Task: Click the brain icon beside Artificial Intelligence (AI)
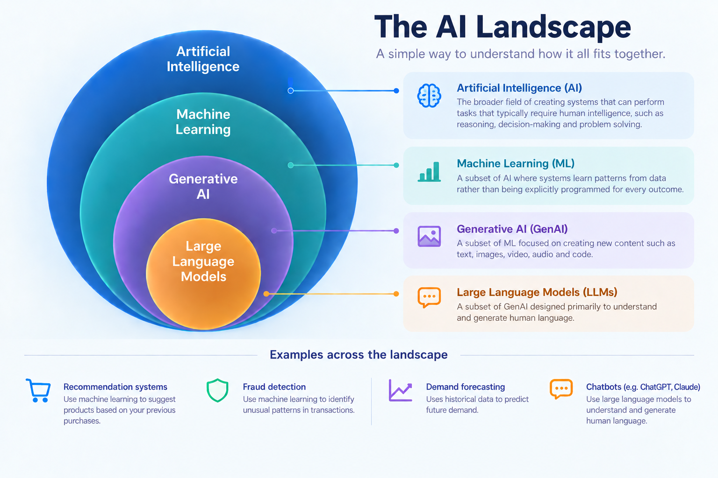(x=429, y=95)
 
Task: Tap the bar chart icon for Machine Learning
(x=429, y=172)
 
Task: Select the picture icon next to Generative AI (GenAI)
(x=429, y=236)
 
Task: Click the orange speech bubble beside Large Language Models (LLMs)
(x=429, y=297)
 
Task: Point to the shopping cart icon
(x=38, y=391)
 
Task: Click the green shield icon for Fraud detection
(x=217, y=390)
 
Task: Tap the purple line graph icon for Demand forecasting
(x=400, y=390)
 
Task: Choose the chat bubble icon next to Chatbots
(x=561, y=389)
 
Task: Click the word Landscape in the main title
(x=553, y=28)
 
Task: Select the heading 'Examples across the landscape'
(x=359, y=355)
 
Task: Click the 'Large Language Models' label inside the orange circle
(x=203, y=261)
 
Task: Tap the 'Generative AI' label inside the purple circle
(x=203, y=186)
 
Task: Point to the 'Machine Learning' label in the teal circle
(x=203, y=122)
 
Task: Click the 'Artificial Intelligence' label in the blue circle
(x=203, y=59)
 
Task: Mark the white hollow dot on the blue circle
(x=290, y=91)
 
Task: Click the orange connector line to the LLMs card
(x=331, y=294)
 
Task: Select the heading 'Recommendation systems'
(x=115, y=387)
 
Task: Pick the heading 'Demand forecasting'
(x=466, y=387)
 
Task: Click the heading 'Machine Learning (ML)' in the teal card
(x=516, y=163)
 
